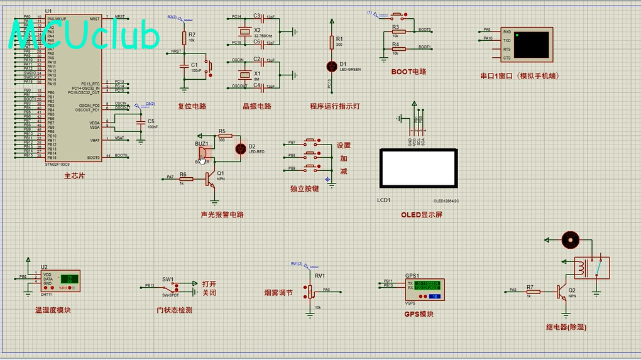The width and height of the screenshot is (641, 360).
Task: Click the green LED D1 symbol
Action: (x=332, y=65)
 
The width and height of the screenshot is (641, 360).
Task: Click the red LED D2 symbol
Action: (x=240, y=149)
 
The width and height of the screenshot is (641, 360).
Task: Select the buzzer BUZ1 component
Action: (x=202, y=153)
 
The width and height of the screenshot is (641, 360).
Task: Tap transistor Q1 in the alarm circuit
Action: (x=212, y=180)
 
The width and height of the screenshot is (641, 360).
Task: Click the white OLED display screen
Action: (x=418, y=168)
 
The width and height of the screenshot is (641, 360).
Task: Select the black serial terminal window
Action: (x=530, y=45)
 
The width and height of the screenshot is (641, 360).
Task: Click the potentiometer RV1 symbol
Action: (x=310, y=290)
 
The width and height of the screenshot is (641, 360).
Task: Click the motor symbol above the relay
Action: (x=569, y=239)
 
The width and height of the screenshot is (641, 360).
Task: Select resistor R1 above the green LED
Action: (x=332, y=42)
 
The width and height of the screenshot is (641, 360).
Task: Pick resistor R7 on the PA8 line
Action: (x=533, y=291)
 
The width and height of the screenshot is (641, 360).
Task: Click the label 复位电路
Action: (x=192, y=106)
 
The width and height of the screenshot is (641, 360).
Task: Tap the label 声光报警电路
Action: (x=222, y=214)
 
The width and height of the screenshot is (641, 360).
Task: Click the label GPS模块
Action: (x=419, y=314)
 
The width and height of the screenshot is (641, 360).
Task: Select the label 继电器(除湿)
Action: (x=567, y=327)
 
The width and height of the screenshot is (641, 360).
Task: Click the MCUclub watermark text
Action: (x=85, y=36)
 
